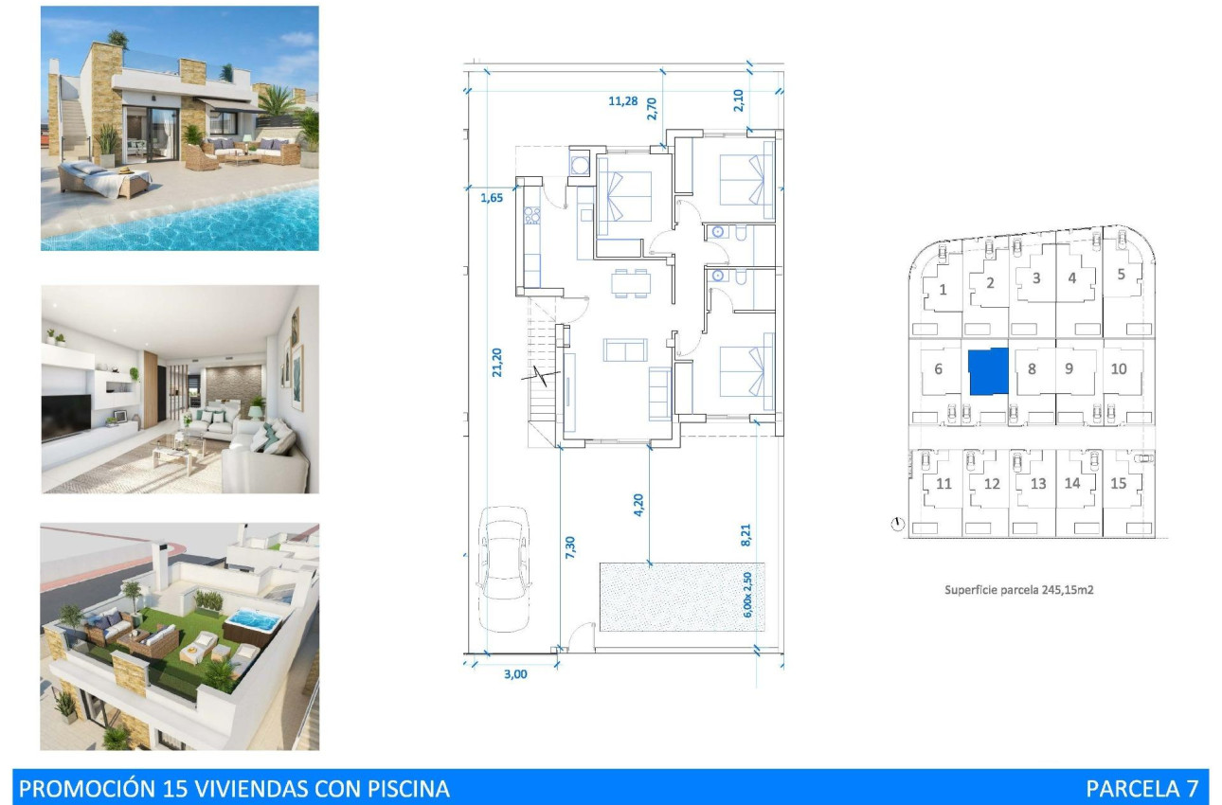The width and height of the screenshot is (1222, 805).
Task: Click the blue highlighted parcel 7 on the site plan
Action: point(987,371)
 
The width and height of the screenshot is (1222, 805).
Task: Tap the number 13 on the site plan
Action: point(1038,484)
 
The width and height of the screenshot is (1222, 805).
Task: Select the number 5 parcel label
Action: point(1121,275)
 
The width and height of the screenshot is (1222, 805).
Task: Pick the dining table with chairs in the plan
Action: point(631,283)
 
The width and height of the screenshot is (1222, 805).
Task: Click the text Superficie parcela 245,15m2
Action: point(1019,589)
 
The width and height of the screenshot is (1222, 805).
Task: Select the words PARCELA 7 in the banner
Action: point(1141,788)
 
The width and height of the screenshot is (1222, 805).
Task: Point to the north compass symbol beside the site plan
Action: point(897,523)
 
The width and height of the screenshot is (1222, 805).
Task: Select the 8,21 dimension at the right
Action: point(746,535)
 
